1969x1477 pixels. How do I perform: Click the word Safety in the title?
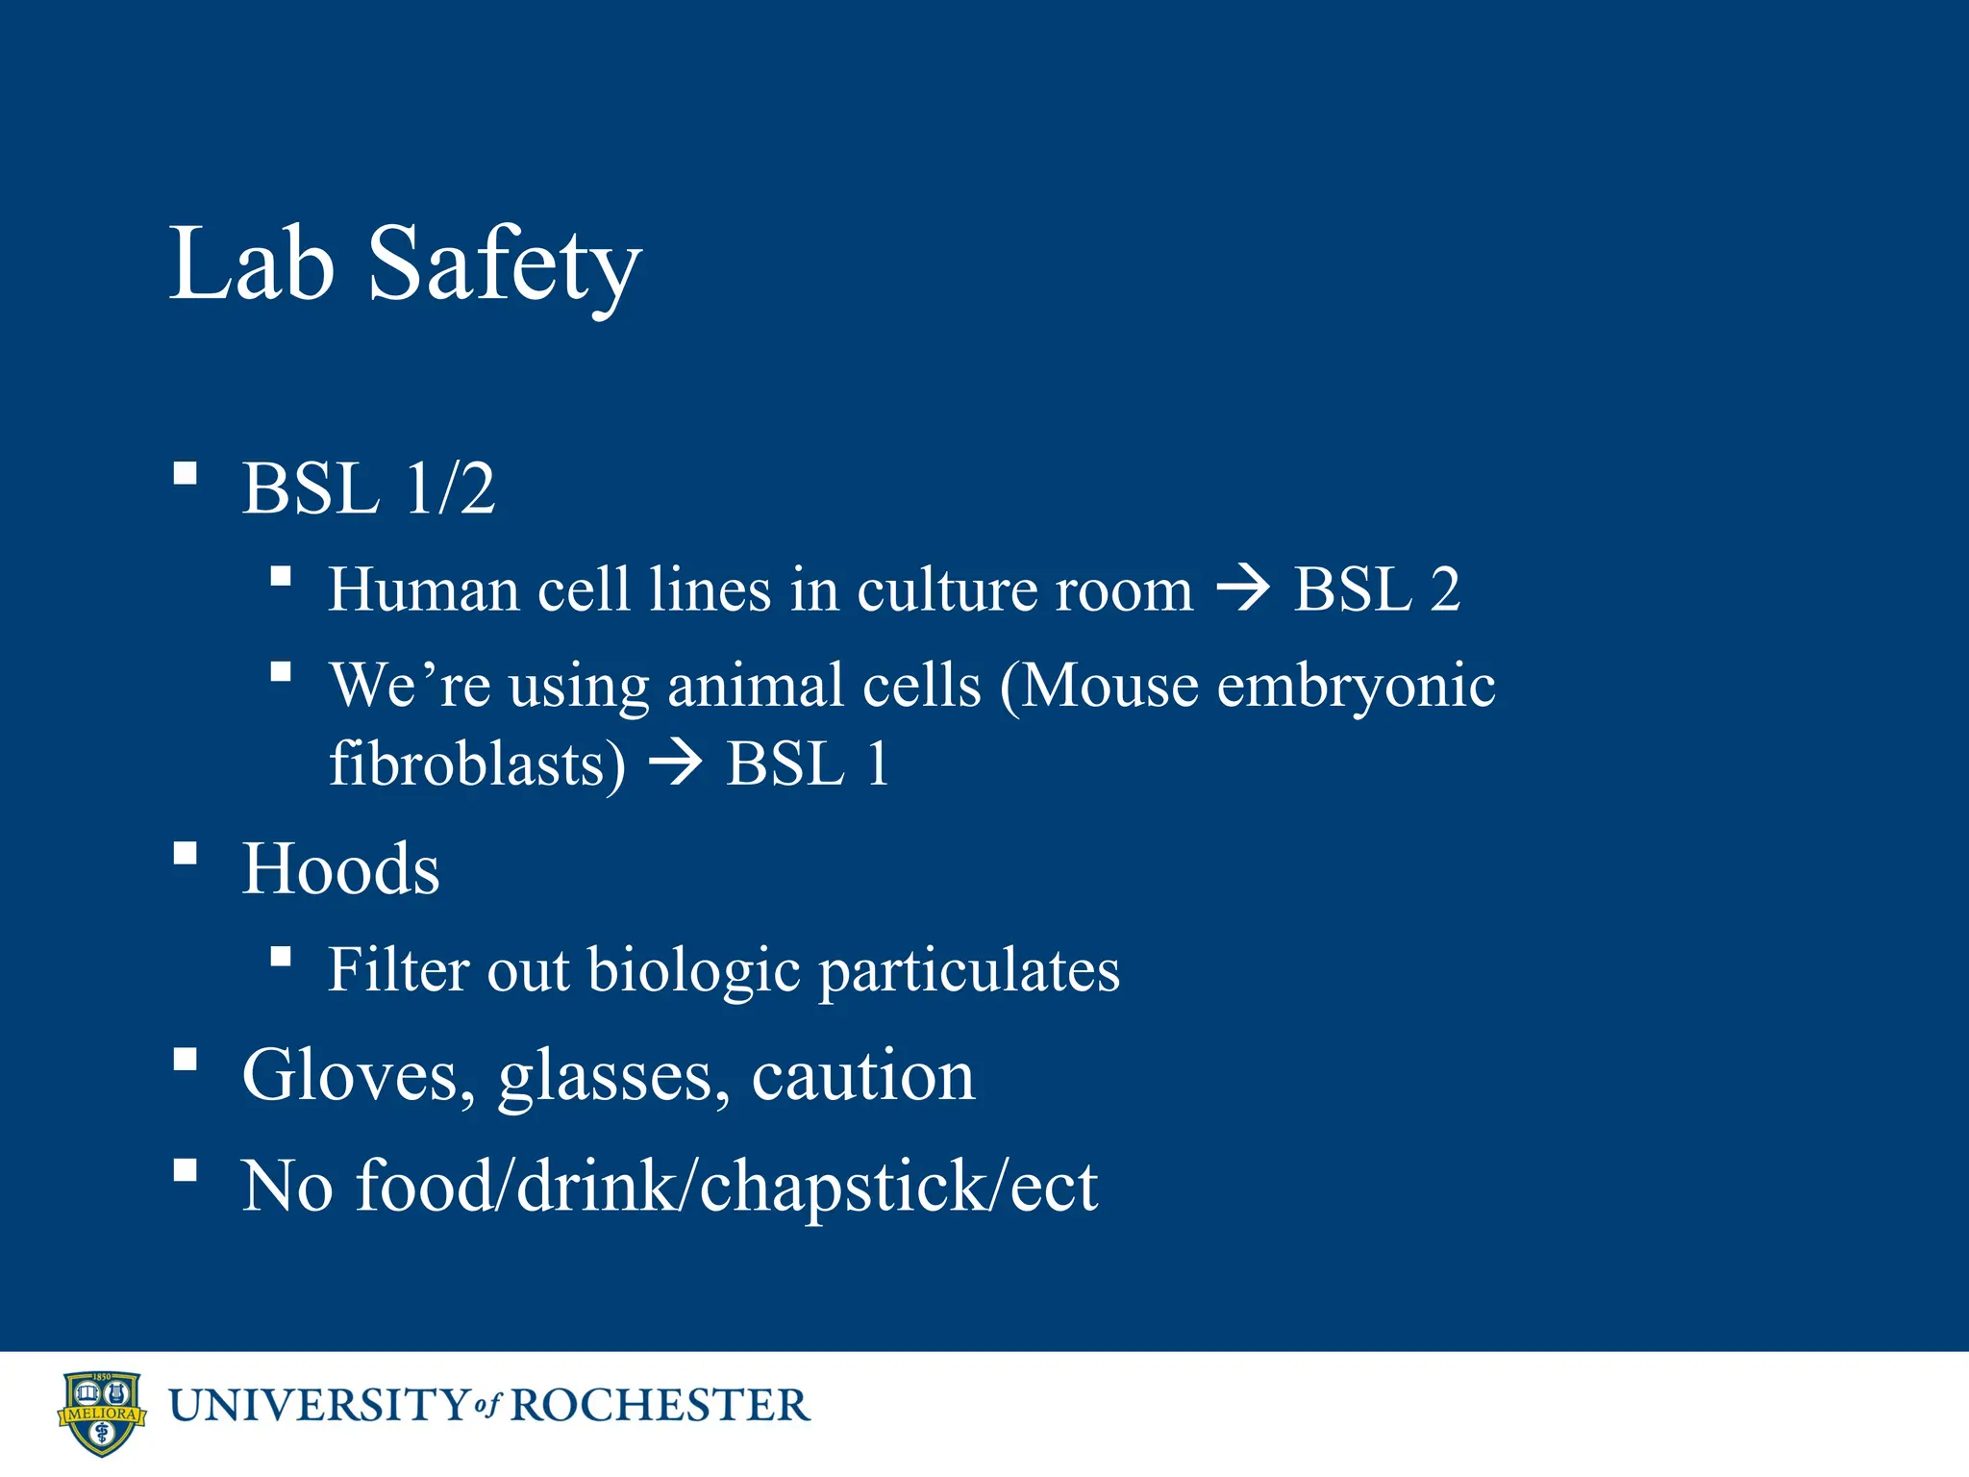pyautogui.click(x=504, y=264)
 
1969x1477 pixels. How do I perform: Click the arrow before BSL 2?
pyautogui.click(x=1243, y=588)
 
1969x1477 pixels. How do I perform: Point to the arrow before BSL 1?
pyautogui.click(x=676, y=765)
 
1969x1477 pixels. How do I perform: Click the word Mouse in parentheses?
pyautogui.click(x=1109, y=687)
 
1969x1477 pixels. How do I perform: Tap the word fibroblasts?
pyautogui.click(x=477, y=765)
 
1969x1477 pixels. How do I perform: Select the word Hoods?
pyautogui.click(x=340, y=869)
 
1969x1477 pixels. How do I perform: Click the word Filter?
pyautogui.click(x=400, y=969)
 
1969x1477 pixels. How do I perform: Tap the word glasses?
pyautogui.click(x=613, y=1077)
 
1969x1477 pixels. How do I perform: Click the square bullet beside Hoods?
pyautogui.click(x=186, y=853)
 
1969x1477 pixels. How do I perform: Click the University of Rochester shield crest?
pyautogui.click(x=101, y=1413)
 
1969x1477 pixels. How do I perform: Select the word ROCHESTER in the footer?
pyautogui.click(x=660, y=1406)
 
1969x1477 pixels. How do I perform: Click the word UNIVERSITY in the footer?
pyautogui.click(x=318, y=1406)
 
